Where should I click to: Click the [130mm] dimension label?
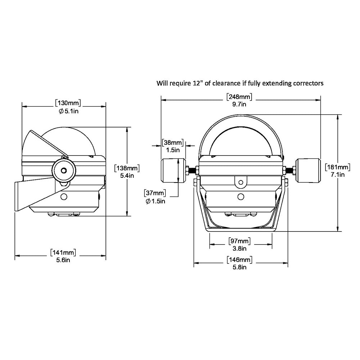click(x=68, y=103)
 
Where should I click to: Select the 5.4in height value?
click(x=126, y=175)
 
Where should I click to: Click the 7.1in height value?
click(x=338, y=175)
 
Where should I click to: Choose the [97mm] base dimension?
click(x=239, y=240)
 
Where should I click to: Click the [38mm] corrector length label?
click(x=173, y=142)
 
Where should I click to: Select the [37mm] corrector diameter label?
click(x=155, y=193)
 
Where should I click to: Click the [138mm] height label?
click(x=126, y=168)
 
